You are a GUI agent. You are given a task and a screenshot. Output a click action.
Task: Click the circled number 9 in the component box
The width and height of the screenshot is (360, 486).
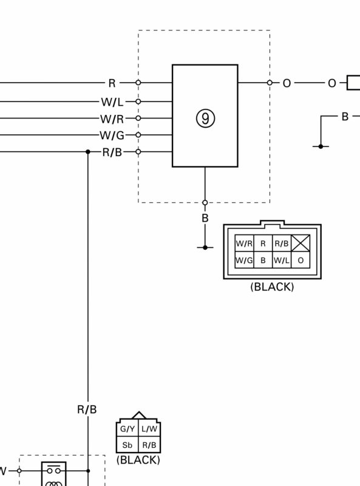tap(205, 118)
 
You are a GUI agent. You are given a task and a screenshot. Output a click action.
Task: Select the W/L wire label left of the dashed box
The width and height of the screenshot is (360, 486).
tap(112, 101)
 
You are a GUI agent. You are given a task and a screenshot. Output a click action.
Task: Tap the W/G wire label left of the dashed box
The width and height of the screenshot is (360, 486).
tap(112, 135)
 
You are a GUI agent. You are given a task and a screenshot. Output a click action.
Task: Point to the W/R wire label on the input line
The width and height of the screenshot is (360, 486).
tap(112, 118)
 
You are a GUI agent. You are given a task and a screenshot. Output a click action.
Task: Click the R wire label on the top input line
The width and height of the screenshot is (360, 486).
tap(112, 83)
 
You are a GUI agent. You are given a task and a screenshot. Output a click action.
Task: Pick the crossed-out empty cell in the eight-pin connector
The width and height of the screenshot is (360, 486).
tap(301, 243)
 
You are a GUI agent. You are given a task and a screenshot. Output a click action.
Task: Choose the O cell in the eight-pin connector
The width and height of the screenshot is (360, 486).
tap(301, 260)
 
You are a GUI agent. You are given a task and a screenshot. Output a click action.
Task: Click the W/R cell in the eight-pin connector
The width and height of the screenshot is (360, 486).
tap(244, 244)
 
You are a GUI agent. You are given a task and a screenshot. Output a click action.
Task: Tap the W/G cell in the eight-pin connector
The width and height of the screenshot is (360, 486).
tap(244, 260)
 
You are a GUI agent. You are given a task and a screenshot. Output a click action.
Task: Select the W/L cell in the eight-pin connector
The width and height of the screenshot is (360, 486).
tap(282, 260)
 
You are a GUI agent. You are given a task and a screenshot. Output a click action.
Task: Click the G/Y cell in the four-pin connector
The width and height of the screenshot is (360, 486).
tap(127, 429)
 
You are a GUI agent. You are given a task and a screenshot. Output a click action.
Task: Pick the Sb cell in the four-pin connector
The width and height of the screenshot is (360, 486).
tap(127, 445)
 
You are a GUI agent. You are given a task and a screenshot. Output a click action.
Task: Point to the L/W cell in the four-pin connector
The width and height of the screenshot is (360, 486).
tap(149, 429)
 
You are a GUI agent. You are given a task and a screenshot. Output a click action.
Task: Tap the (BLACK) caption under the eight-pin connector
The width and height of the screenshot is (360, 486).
tap(272, 287)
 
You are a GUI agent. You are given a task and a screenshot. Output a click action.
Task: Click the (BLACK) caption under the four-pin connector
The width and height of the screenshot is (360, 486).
tap(138, 460)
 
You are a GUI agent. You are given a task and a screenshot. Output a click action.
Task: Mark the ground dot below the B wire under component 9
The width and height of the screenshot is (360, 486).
tap(205, 247)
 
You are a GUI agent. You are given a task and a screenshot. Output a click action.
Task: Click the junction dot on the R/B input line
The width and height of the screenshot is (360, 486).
tap(88, 152)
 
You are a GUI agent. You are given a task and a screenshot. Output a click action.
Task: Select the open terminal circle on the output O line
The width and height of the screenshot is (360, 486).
tap(270, 83)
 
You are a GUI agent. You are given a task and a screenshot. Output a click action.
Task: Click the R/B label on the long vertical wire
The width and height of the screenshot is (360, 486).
tap(87, 409)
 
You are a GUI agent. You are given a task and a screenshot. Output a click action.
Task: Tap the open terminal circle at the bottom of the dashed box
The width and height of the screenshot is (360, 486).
tap(205, 203)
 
